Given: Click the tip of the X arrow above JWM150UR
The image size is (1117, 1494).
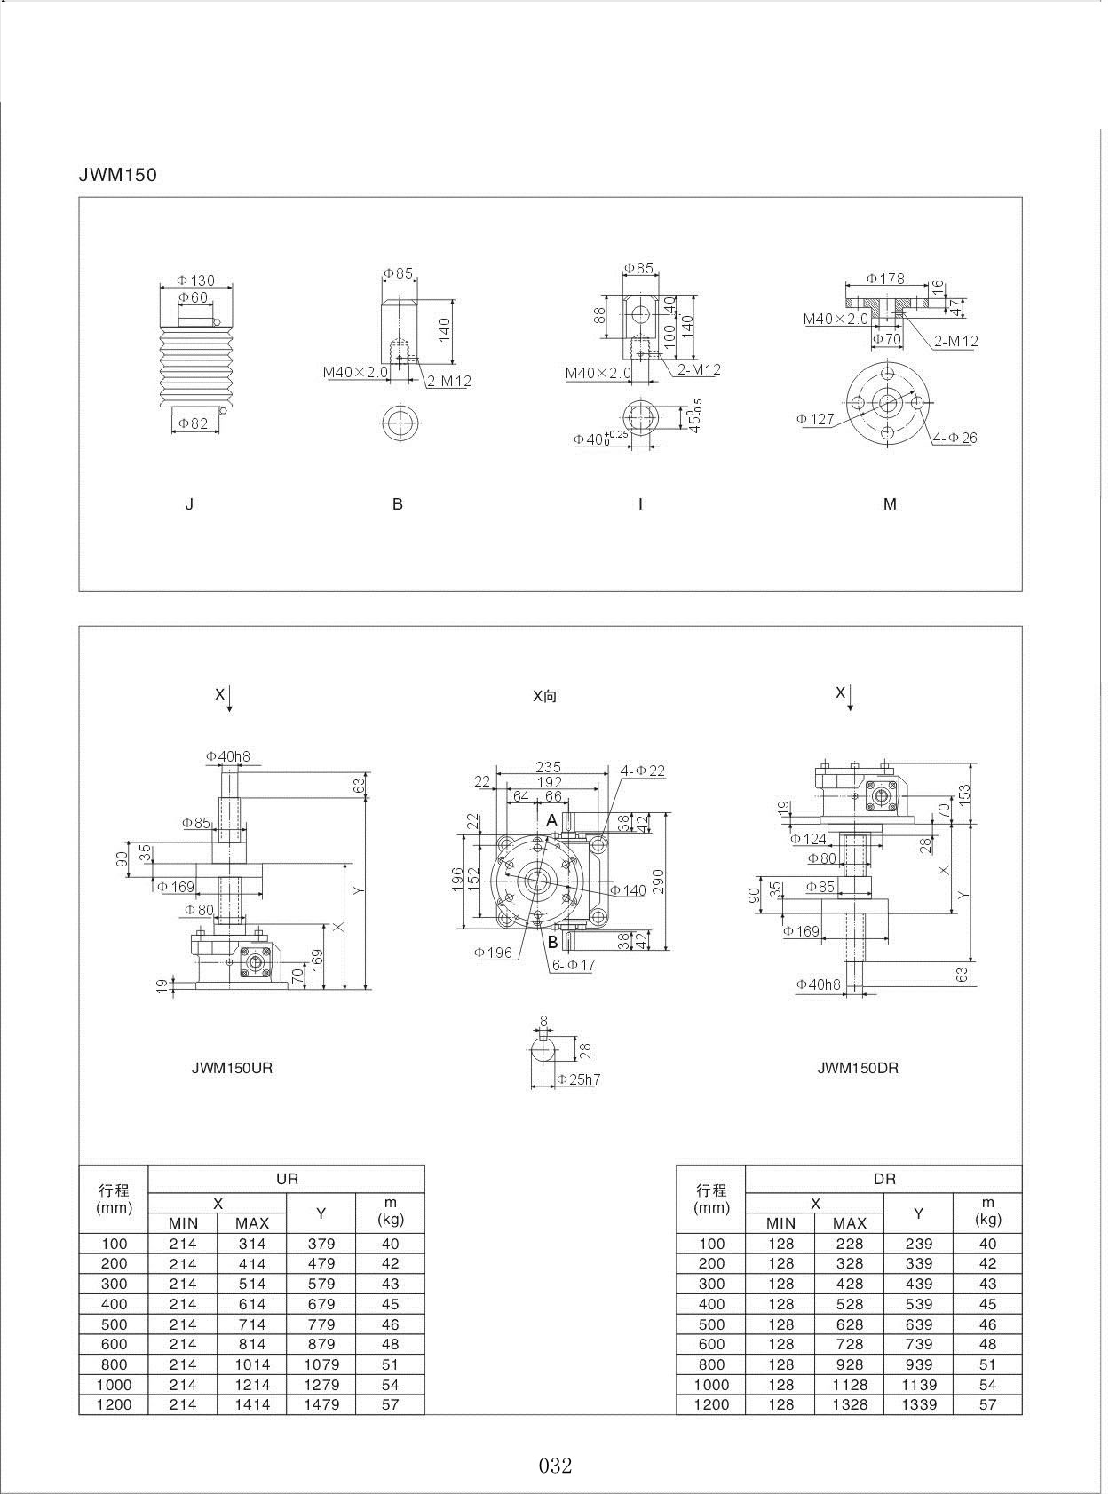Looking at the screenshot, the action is coord(230,712).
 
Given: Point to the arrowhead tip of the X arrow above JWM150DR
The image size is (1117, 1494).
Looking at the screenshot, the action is coord(851,710).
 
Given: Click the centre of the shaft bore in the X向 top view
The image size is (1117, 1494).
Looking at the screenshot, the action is coord(537,881).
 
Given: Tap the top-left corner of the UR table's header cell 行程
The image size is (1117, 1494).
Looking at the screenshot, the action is coord(79,1166).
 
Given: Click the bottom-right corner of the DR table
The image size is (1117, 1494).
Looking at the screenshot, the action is coord(1022,1414).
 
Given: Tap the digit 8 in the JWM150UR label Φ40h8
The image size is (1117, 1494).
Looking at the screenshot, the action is coord(246,756).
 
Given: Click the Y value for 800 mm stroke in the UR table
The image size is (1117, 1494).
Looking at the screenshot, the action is coord(321,1364).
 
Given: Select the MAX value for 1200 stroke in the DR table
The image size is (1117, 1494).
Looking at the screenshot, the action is coord(850,1404).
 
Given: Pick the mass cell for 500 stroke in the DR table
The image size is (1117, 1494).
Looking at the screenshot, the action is coord(988,1324).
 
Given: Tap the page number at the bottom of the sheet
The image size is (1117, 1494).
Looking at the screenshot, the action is coord(556,1466).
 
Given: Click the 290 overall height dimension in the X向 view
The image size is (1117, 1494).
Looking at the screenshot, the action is coord(659,881).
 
